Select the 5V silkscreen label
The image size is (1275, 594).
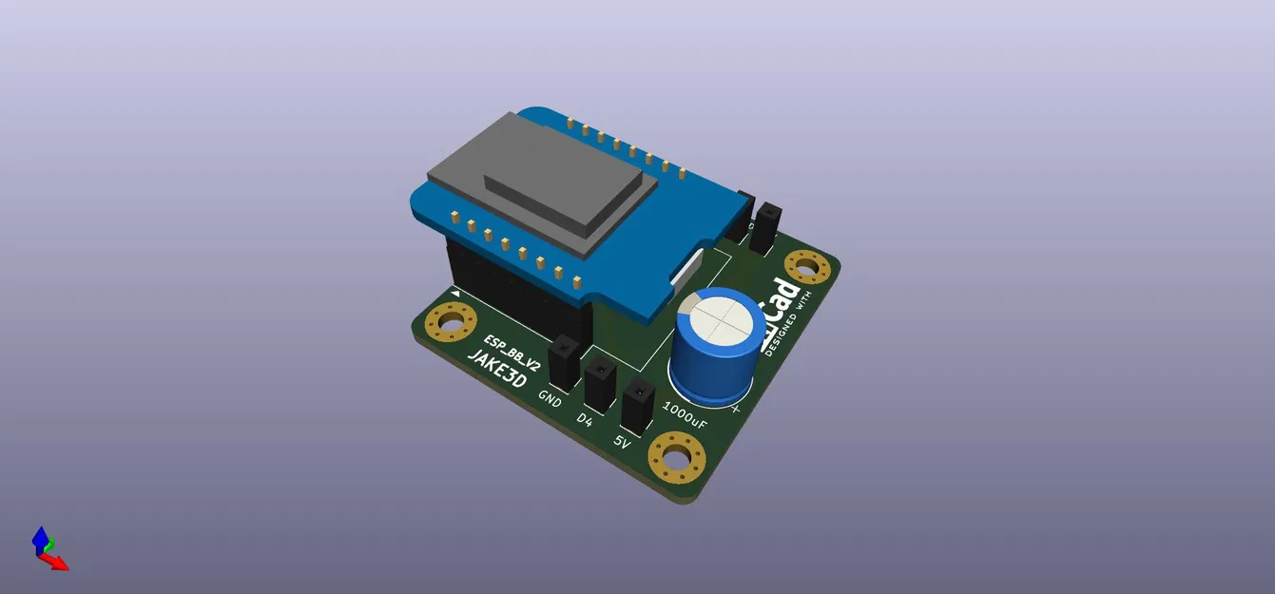coord(622,442)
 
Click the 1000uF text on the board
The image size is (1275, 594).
coord(685,414)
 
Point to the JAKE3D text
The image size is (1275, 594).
coord(495,372)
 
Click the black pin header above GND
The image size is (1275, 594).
coord(564,362)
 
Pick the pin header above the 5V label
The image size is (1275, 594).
coord(636,403)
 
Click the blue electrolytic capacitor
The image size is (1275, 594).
coord(715,342)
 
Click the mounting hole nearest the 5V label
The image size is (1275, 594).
coord(677,458)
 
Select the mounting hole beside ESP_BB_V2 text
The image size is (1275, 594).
coord(452,323)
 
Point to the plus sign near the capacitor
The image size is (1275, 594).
coord(736,410)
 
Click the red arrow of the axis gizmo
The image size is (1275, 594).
coord(59,563)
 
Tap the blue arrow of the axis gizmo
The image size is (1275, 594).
coord(40,539)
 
